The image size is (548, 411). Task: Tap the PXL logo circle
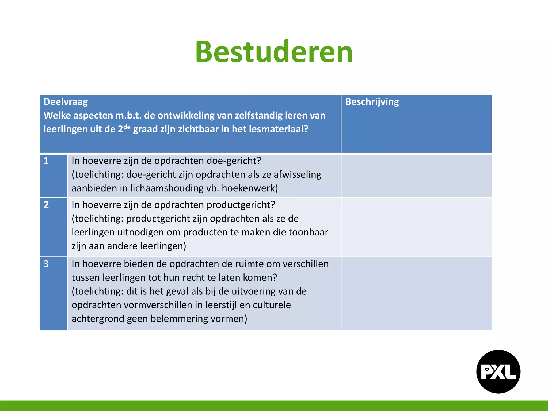[498, 371]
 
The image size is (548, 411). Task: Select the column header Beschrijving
[372, 102]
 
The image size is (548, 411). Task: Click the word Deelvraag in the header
[66, 102]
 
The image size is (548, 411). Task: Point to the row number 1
[46, 161]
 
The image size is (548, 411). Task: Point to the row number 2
[46, 205]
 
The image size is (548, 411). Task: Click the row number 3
[46, 264]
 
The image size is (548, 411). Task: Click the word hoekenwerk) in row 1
[250, 188]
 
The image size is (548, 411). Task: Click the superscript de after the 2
[127, 126]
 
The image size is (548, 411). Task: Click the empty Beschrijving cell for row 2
[416, 227]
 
